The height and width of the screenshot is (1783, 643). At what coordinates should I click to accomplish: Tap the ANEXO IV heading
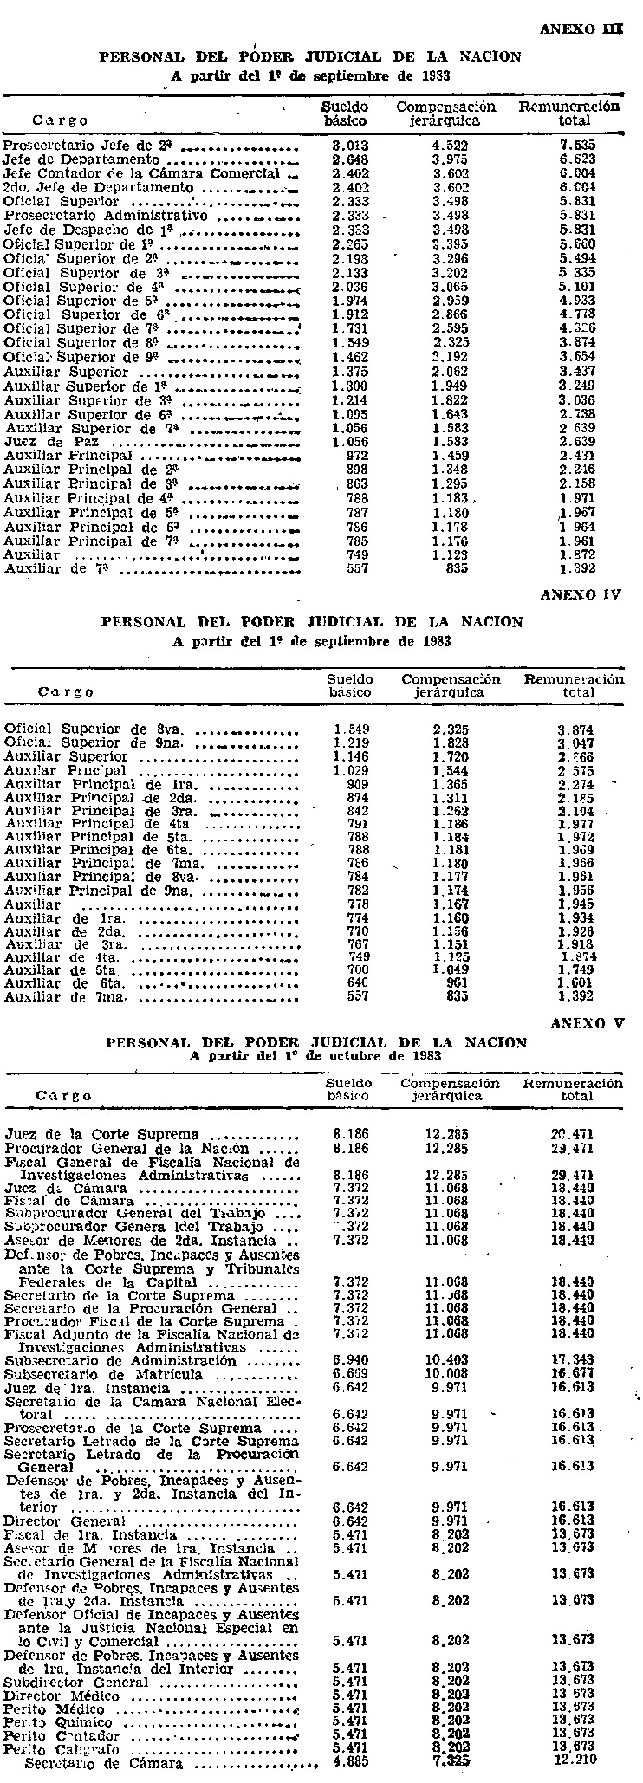[x=581, y=595]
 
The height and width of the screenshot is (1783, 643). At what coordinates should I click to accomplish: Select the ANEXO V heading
[x=587, y=1022]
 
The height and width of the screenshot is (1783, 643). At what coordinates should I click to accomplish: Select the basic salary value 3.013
[x=351, y=146]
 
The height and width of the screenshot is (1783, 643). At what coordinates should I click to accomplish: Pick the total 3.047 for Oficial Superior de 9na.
[x=575, y=743]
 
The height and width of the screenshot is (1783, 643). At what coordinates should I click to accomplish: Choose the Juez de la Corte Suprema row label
[x=101, y=1133]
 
